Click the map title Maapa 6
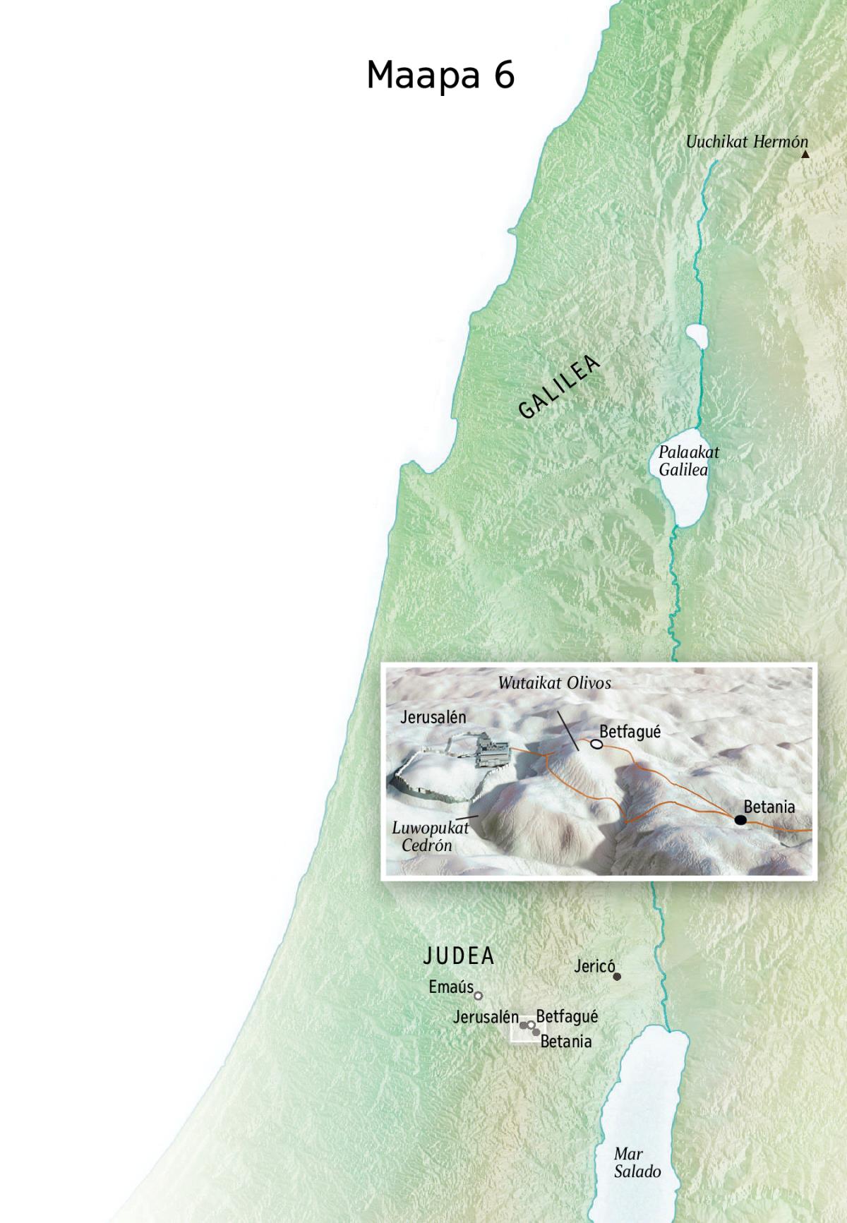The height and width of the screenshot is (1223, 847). coord(440,75)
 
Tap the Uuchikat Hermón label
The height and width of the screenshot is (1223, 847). coord(746,142)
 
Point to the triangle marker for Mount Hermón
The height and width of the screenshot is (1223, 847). coord(805,154)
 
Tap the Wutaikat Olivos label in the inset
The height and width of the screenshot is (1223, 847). coord(554,682)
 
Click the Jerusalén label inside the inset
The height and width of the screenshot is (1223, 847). coord(433,717)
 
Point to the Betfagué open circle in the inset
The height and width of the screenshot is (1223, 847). coord(596,744)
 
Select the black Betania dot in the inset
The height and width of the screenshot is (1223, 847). coord(740,819)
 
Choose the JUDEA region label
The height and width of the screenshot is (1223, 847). coord(459,956)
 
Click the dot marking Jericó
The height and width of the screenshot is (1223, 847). coord(617,977)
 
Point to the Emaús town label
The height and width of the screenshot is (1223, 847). coord(450,987)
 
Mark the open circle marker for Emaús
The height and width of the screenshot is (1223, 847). coord(478,996)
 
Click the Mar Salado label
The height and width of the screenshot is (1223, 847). coord(637,1163)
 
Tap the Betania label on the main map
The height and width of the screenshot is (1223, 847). coord(565,1042)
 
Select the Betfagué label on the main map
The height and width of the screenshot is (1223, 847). coord(567,1016)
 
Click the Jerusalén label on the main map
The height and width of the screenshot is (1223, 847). coord(486,1018)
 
